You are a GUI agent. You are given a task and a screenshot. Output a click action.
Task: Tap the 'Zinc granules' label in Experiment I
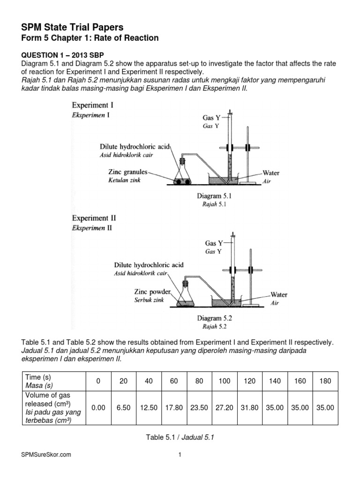tap(127, 172)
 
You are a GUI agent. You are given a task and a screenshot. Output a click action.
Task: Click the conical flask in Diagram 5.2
tap(187, 297)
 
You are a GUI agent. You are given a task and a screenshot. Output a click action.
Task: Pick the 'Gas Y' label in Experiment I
tap(211, 118)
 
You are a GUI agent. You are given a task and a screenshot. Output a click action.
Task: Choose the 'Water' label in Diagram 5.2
tap(279, 295)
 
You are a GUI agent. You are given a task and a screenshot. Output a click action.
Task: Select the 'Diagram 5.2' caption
tap(215, 318)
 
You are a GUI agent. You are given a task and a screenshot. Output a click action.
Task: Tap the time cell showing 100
tap(225, 381)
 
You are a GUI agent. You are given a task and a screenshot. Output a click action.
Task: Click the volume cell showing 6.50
tap(123, 408)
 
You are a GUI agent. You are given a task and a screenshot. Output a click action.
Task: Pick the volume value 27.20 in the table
tap(225, 408)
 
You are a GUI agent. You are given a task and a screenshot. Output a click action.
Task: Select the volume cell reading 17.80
tap(174, 408)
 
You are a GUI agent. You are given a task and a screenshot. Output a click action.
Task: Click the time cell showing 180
tap(325, 381)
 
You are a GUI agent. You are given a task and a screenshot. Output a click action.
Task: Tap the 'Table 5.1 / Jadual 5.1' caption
tap(180, 437)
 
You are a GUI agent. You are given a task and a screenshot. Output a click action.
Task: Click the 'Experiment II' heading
tap(94, 218)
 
